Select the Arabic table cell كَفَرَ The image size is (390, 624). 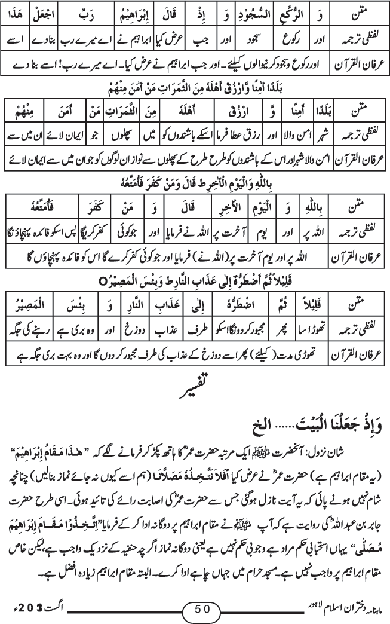click(x=104, y=208)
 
